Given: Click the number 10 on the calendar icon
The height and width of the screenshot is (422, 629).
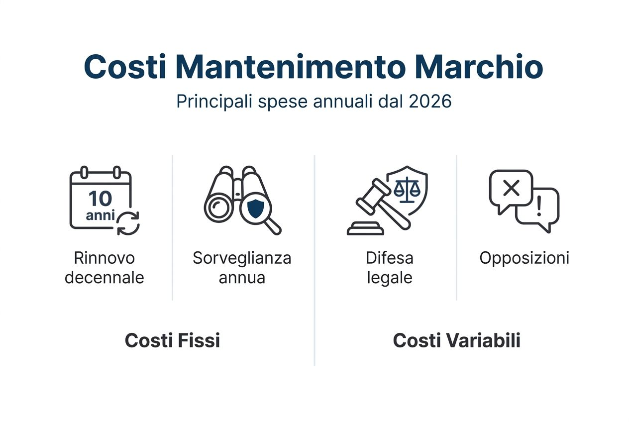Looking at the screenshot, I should coord(100,199).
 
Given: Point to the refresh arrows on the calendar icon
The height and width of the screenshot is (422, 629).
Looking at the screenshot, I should coord(128,222).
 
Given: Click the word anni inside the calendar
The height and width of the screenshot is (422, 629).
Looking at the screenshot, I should coord(100,216).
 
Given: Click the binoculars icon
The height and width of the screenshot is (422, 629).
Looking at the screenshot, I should coord(234,197).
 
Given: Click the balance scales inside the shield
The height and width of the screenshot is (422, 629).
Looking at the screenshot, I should coord(407,189).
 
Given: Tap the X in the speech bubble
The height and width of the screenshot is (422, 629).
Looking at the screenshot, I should coord(511,188).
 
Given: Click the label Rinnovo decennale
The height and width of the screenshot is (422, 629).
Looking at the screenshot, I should coord(105,268).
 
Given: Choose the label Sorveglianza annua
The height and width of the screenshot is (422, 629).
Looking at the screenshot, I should coord(242,268).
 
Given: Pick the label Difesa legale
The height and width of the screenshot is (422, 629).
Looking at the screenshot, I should coord(390,268).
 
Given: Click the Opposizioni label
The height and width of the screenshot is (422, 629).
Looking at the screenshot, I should coord(524,258).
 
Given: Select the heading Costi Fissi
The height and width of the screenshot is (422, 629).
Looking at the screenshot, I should coord(172,341).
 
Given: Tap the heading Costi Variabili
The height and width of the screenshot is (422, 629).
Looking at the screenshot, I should coord(456,341).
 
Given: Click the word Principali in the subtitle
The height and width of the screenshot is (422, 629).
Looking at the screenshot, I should coord(214,101).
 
